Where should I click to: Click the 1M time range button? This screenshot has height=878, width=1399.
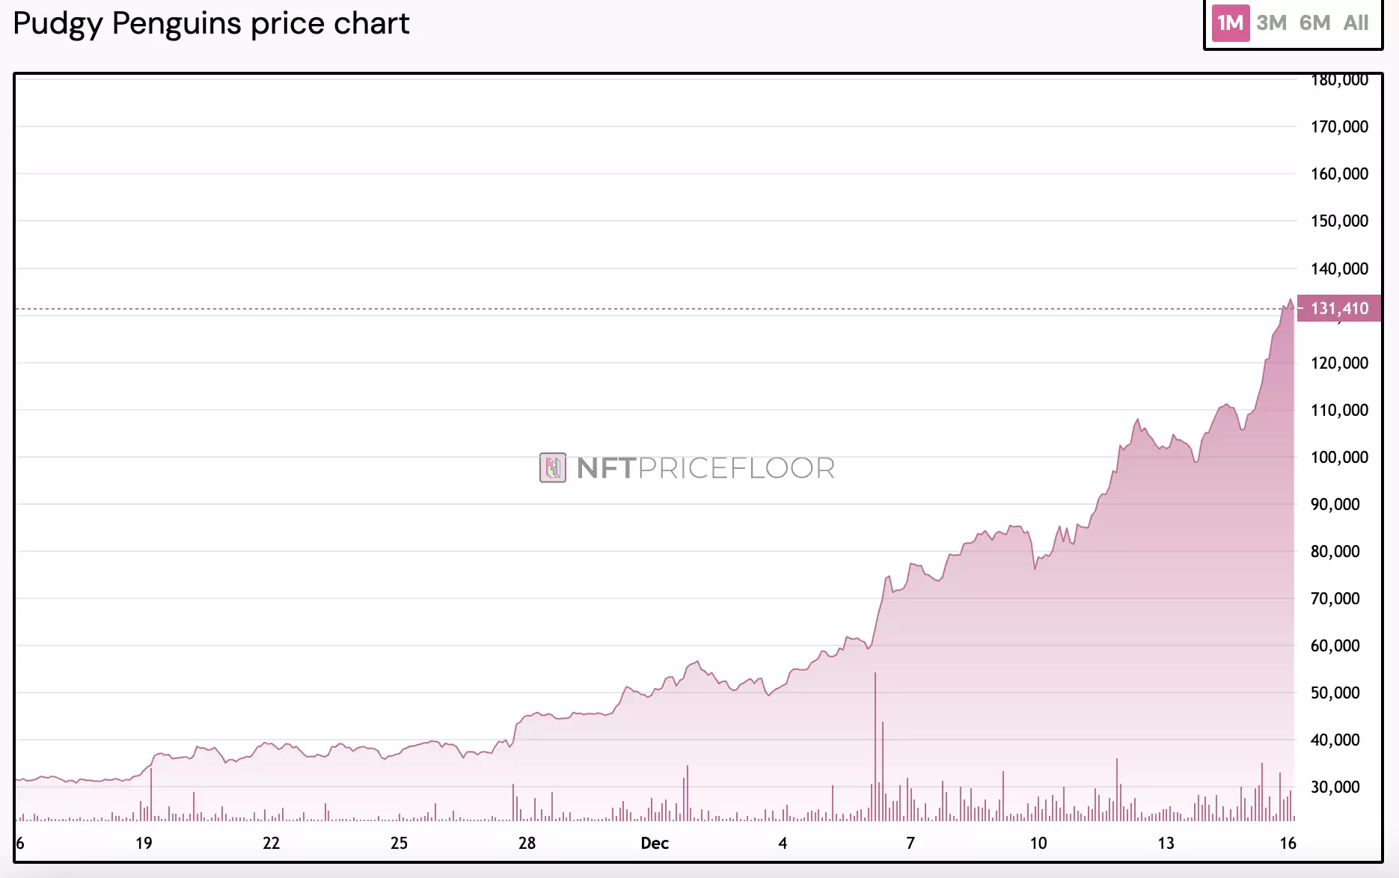click(x=1230, y=23)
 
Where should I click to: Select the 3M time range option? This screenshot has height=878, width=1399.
click(x=1271, y=23)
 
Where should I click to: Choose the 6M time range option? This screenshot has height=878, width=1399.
click(x=1314, y=23)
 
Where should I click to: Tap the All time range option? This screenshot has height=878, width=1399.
click(x=1356, y=23)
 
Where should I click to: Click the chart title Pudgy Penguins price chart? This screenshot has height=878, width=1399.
click(x=211, y=24)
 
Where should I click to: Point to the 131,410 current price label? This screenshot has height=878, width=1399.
click(x=1338, y=308)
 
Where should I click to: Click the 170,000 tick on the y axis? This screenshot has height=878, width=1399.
click(x=1338, y=126)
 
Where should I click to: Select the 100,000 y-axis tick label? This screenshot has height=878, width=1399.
click(x=1338, y=457)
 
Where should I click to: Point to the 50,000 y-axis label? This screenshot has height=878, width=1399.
click(x=1335, y=693)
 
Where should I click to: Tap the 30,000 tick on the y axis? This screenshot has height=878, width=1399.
click(x=1335, y=787)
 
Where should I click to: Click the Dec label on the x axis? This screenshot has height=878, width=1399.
click(x=654, y=843)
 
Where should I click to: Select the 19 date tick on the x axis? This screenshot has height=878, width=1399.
click(x=144, y=843)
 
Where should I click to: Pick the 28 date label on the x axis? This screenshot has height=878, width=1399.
click(x=527, y=843)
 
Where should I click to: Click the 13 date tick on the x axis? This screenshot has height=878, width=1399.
click(x=1166, y=843)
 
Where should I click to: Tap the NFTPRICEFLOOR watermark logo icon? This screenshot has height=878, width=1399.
click(x=553, y=468)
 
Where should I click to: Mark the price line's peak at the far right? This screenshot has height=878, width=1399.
click(x=1290, y=301)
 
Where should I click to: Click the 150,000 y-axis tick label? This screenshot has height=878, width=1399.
click(x=1338, y=221)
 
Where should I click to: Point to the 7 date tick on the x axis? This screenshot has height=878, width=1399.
click(x=910, y=843)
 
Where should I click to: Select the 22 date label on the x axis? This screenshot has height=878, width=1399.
click(x=271, y=843)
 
